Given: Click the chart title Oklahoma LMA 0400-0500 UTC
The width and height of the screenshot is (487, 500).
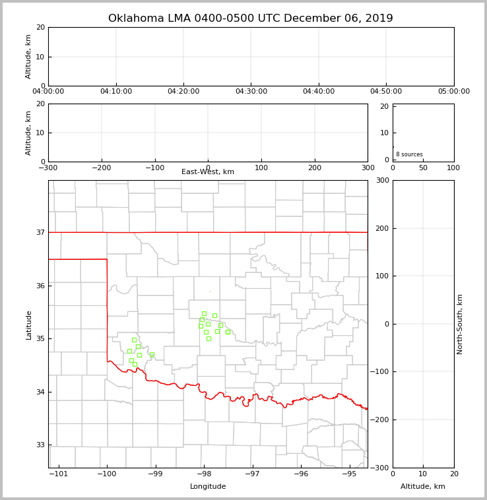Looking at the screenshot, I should pos(250,18).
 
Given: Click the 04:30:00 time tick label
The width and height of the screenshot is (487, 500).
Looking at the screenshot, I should pos(251,92).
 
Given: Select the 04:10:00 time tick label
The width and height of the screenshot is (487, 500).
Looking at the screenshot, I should pos(116,92).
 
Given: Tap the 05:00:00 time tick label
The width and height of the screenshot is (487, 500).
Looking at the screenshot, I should pos(453,92).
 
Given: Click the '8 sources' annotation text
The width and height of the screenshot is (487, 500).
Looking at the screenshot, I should pos(409,154).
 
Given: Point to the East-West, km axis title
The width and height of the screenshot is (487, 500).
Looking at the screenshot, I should pos(208,172).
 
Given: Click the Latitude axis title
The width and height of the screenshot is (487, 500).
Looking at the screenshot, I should pos(28,325).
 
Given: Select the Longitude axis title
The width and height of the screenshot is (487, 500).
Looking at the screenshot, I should pos(208,487).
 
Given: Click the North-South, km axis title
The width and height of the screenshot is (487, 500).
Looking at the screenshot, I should pos(460,324).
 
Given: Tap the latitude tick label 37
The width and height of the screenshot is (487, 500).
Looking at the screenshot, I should pos(40,232).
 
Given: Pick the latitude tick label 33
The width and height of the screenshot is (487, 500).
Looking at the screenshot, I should pos(40,445).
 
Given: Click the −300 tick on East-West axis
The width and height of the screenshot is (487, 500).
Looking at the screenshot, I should pos(48,168).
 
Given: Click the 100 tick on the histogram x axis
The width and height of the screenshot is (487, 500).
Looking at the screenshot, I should pos(453,168).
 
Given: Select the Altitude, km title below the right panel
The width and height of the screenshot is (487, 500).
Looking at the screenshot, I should pos(423,487).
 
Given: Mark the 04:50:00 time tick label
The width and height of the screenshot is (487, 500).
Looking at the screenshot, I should pos(386,92).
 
